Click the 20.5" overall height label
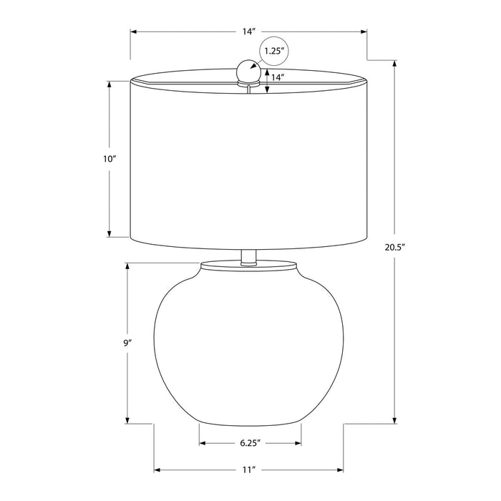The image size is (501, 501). click(x=395, y=247)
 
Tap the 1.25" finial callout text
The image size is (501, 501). click(x=274, y=51)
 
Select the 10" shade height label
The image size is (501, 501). click(x=109, y=159)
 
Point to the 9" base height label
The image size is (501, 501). click(x=128, y=343)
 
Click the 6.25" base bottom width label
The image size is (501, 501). click(x=250, y=443)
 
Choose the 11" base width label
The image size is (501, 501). click(x=249, y=470)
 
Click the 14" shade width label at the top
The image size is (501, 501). click(x=248, y=31)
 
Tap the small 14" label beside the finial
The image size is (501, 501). click(x=278, y=77)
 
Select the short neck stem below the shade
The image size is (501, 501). click(x=248, y=257)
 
